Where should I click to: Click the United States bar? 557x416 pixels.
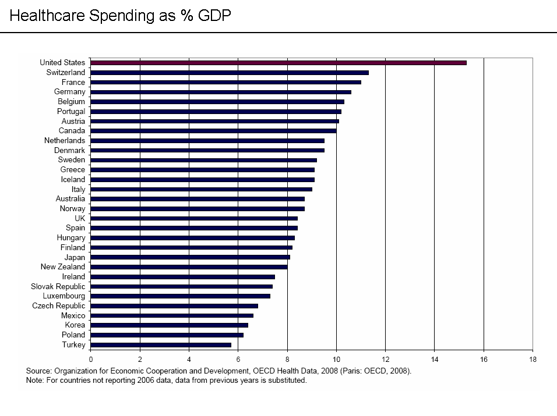pyautogui.click(x=278, y=62)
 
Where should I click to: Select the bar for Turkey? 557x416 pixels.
pyautogui.click(x=161, y=344)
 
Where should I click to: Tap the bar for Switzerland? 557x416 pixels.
pyautogui.click(x=230, y=72)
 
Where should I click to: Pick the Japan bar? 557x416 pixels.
pyautogui.click(x=190, y=257)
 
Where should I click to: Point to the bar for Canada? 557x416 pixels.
pyautogui.click(x=213, y=130)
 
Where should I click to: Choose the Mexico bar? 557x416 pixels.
pyautogui.click(x=172, y=315)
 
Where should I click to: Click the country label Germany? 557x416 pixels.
pyautogui.click(x=69, y=92)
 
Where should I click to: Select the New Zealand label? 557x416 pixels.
pyautogui.click(x=62, y=267)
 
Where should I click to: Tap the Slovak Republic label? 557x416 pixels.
pyautogui.click(x=58, y=286)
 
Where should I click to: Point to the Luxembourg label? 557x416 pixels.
pyautogui.click(x=64, y=296)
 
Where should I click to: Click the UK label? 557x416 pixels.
pyautogui.click(x=80, y=218)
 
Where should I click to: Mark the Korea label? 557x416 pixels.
pyautogui.click(x=75, y=325)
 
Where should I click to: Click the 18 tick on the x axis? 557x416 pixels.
pyautogui.click(x=532, y=360)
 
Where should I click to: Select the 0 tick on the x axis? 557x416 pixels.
pyautogui.click(x=91, y=360)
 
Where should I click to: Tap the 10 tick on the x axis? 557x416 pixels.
pyautogui.click(x=336, y=360)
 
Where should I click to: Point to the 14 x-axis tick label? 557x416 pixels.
pyautogui.click(x=434, y=360)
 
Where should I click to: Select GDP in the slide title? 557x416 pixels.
pyautogui.click(x=214, y=16)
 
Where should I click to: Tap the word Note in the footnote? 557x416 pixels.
pyautogui.click(x=34, y=381)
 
